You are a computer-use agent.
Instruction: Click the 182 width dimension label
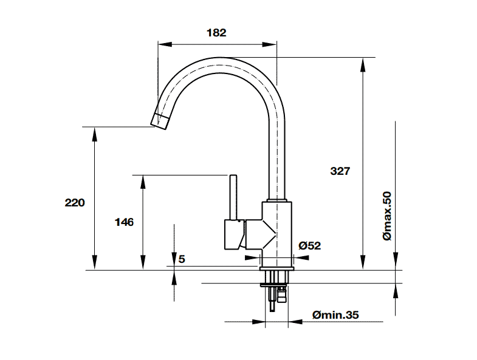(x=216, y=33)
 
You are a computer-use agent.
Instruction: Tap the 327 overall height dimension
(x=340, y=171)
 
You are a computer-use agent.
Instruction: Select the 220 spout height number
(x=75, y=203)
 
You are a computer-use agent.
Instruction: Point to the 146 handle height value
(x=124, y=222)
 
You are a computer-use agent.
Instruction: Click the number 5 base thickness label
(x=182, y=259)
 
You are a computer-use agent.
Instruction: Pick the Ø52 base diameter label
(x=310, y=245)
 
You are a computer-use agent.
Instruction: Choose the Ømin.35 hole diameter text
(x=335, y=314)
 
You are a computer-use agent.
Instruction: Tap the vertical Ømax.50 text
(x=387, y=216)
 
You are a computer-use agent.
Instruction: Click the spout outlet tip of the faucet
(x=159, y=121)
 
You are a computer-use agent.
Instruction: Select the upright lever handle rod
(x=233, y=197)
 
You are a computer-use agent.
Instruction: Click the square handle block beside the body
(x=235, y=234)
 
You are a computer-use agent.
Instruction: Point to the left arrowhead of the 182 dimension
(x=165, y=44)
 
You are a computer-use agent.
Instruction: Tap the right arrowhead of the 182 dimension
(x=270, y=44)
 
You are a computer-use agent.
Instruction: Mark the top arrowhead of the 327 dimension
(x=362, y=65)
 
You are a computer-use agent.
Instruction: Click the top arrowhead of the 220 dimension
(x=95, y=134)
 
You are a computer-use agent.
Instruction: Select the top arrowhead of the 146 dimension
(x=142, y=183)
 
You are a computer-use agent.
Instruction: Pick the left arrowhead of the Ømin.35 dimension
(x=259, y=322)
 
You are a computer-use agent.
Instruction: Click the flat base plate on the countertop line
(x=277, y=269)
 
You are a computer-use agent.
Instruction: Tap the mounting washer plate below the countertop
(x=273, y=285)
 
